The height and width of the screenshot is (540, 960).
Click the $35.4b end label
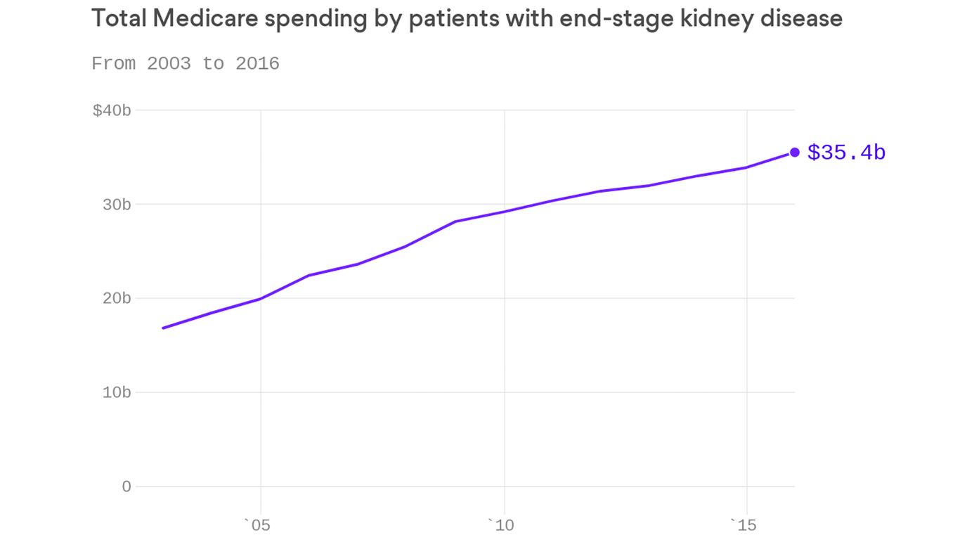846,153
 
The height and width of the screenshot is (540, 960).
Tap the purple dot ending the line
795,152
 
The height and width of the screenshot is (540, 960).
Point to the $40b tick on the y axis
112,110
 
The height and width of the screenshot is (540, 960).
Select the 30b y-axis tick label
117,205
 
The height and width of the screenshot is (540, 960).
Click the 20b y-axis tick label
117,298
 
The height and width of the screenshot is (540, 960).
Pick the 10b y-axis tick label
117,392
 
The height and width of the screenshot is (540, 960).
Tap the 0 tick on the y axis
126,487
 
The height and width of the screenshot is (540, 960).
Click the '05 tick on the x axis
257,525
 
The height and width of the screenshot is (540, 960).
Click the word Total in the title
117,19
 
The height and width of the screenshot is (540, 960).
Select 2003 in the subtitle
169,64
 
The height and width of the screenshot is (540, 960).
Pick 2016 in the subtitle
257,64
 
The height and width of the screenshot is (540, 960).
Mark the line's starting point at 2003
163,328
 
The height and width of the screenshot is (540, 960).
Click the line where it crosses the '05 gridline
261,299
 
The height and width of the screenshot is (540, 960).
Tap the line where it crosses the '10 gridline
504,212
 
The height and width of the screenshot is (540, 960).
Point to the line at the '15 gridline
746,167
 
